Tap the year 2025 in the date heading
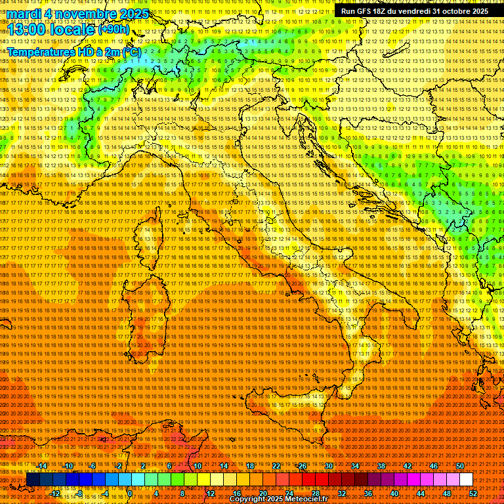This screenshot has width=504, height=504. pos(131,14)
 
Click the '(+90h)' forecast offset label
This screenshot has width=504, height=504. pos(114,30)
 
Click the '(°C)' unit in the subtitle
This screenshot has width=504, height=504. pos(131,51)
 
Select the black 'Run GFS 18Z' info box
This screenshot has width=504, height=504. pos(414,11)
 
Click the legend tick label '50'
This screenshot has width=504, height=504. pos(460,466)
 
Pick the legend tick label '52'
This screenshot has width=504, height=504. pos(472,493)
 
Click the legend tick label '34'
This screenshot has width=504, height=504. pos(355,466)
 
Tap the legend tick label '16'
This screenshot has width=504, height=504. pos(236,493)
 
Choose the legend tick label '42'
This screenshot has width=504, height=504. pos(408,466)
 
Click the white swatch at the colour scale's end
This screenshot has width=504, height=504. pos(466,480)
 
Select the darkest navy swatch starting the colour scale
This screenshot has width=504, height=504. pos(33,480)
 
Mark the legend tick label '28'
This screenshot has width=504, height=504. pos(315,493)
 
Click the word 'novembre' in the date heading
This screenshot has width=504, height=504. pos(79,14)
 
